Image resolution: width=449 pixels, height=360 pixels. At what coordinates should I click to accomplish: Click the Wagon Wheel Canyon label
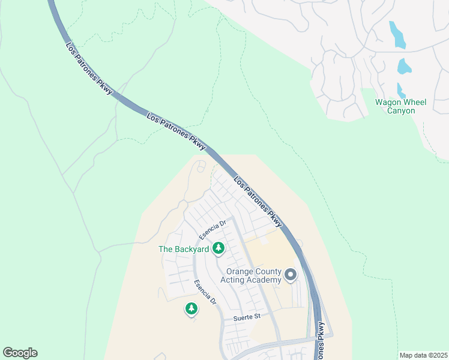point(400,106)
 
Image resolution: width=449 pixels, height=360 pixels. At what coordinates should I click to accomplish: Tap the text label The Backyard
point(183,249)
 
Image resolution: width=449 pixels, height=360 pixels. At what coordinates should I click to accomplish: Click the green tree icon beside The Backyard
point(219,247)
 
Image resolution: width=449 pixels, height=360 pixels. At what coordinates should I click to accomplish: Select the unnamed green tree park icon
point(191,309)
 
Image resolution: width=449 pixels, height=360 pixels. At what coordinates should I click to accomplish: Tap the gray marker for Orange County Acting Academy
point(291,275)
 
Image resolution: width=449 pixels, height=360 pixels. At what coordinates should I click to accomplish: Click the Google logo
point(20,353)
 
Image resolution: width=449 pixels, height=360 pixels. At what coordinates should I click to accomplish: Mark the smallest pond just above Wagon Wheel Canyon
point(400,91)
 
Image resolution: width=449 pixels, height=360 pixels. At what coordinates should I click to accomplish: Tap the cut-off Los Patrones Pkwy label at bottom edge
point(322,341)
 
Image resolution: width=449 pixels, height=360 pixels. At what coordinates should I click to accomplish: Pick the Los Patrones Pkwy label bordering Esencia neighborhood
point(257,201)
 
